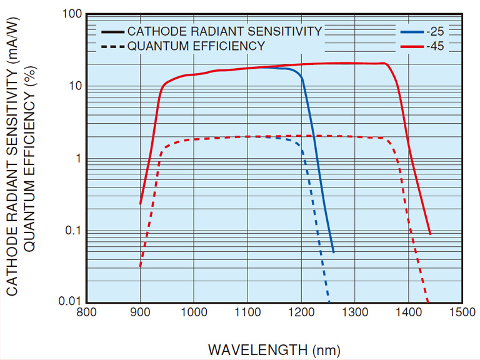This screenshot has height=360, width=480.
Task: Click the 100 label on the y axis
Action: (x=74, y=14)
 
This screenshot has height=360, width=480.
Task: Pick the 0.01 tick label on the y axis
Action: (x=71, y=302)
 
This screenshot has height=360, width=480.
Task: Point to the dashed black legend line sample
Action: (x=112, y=46)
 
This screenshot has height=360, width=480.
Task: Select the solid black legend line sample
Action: (x=112, y=31)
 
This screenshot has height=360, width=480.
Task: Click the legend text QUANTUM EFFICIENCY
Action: (x=196, y=46)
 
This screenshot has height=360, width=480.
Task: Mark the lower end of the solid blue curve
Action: (x=333, y=252)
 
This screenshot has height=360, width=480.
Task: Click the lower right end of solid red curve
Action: (x=431, y=234)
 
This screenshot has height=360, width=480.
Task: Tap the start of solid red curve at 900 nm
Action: (x=141, y=203)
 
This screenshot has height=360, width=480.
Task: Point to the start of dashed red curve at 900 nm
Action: (x=141, y=266)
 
